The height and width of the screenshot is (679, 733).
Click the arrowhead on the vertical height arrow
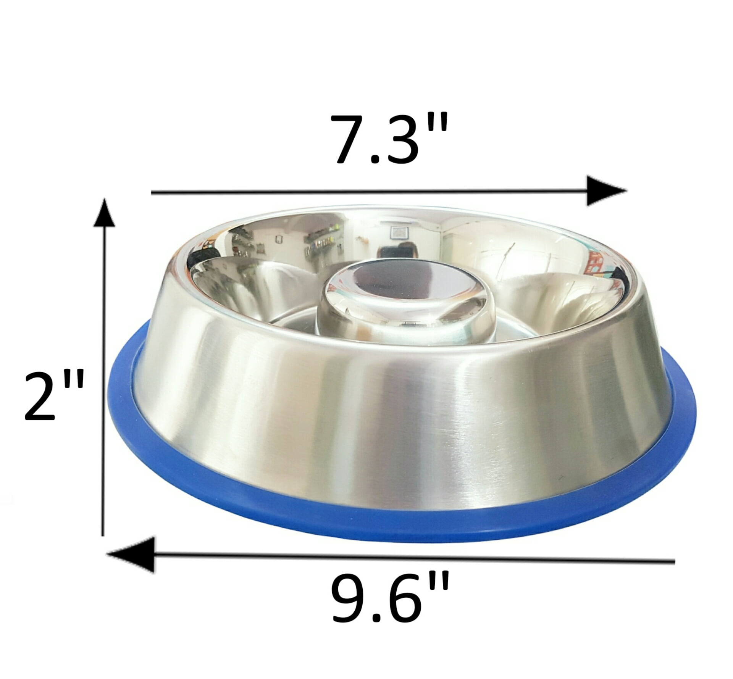[x=104, y=216]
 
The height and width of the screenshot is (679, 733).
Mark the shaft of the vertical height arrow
[x=103, y=382]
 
